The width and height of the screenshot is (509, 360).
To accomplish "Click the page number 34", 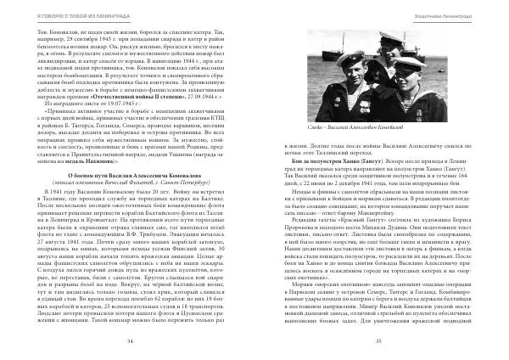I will click(131, 340).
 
